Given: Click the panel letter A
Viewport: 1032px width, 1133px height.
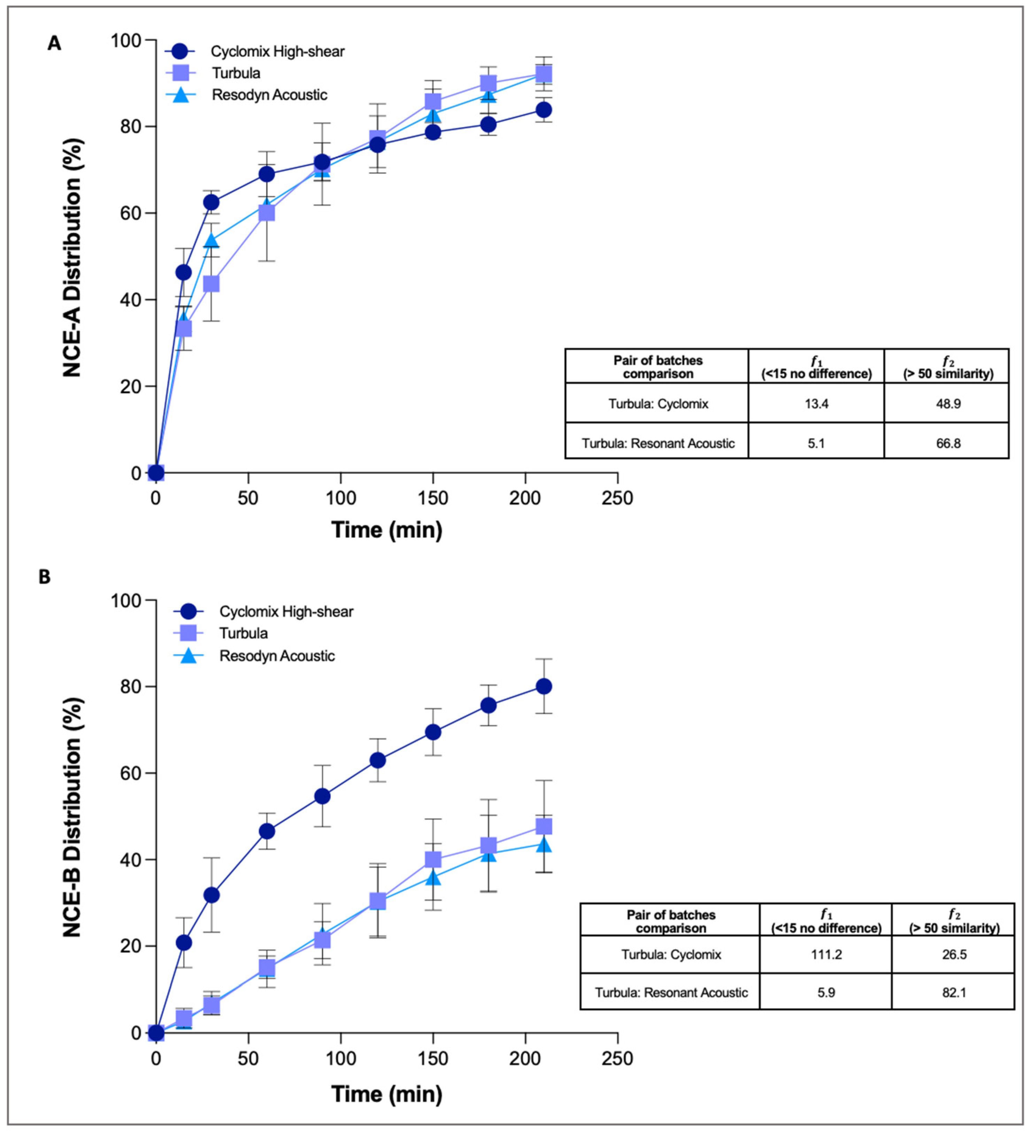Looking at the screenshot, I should pos(54,43).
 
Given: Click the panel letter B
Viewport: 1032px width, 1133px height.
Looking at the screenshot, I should pos(45,577).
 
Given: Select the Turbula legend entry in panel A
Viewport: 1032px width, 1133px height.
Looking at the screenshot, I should pos(236,73).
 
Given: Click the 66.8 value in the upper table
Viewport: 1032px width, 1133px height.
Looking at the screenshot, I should pos(948,443).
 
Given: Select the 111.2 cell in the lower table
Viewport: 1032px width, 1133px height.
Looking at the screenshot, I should pos(826,954).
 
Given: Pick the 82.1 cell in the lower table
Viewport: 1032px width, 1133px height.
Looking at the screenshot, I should pos(954,992).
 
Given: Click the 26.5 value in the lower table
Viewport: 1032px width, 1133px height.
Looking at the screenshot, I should pos(954,954).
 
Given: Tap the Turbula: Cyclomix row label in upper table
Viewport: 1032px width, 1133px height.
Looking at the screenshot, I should pos(658,403).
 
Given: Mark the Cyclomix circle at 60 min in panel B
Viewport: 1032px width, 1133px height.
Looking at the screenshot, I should pos(267,831).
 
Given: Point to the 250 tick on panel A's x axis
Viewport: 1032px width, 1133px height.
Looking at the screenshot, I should pos(617,498).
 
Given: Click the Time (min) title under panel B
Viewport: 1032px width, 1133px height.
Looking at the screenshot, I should pos(387,1094).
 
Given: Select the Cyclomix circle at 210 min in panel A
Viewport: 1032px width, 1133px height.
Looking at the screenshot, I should pos(544,110).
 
